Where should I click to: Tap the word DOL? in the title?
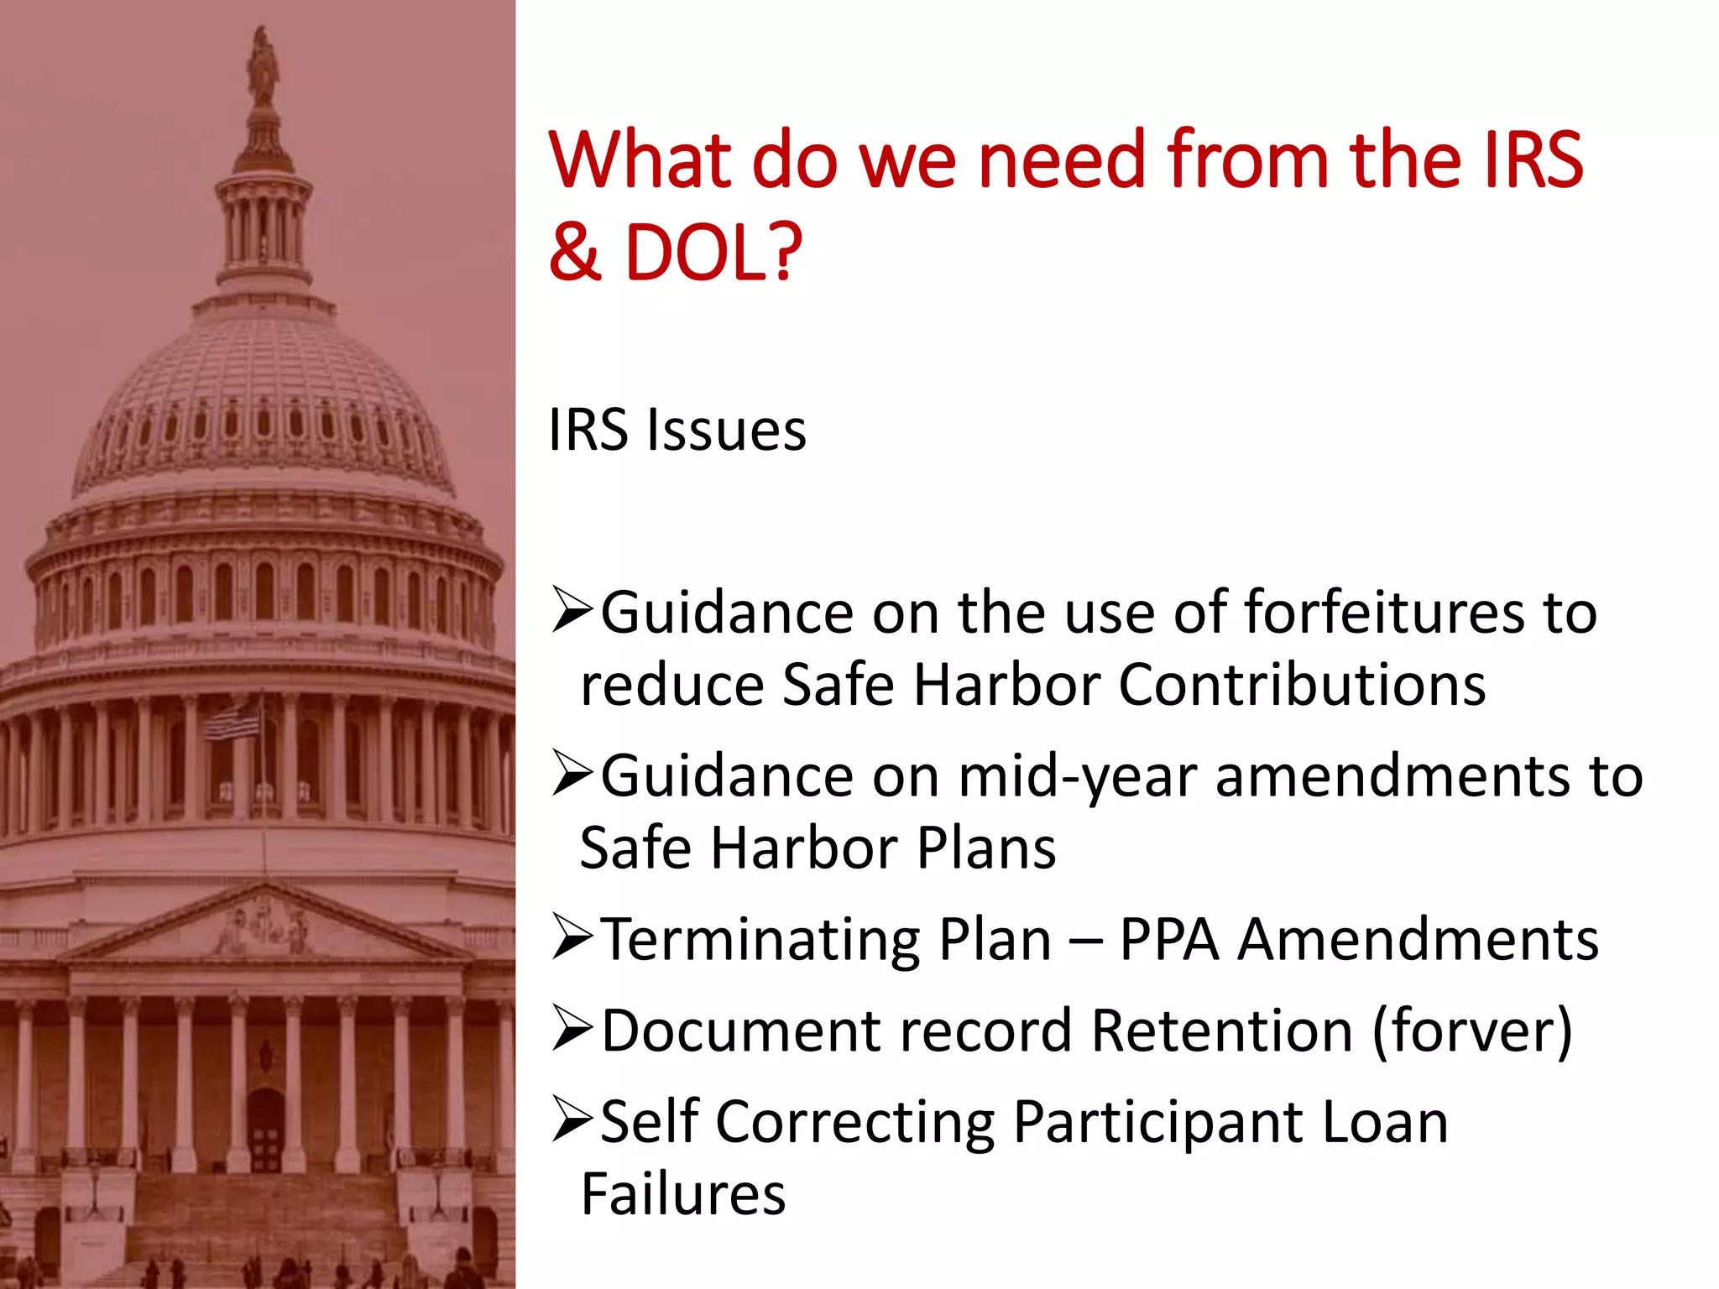(713, 252)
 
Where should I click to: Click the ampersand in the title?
(576, 252)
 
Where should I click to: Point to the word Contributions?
(1302, 685)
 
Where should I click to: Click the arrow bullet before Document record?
(572, 1030)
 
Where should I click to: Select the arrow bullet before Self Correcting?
(572, 1121)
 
